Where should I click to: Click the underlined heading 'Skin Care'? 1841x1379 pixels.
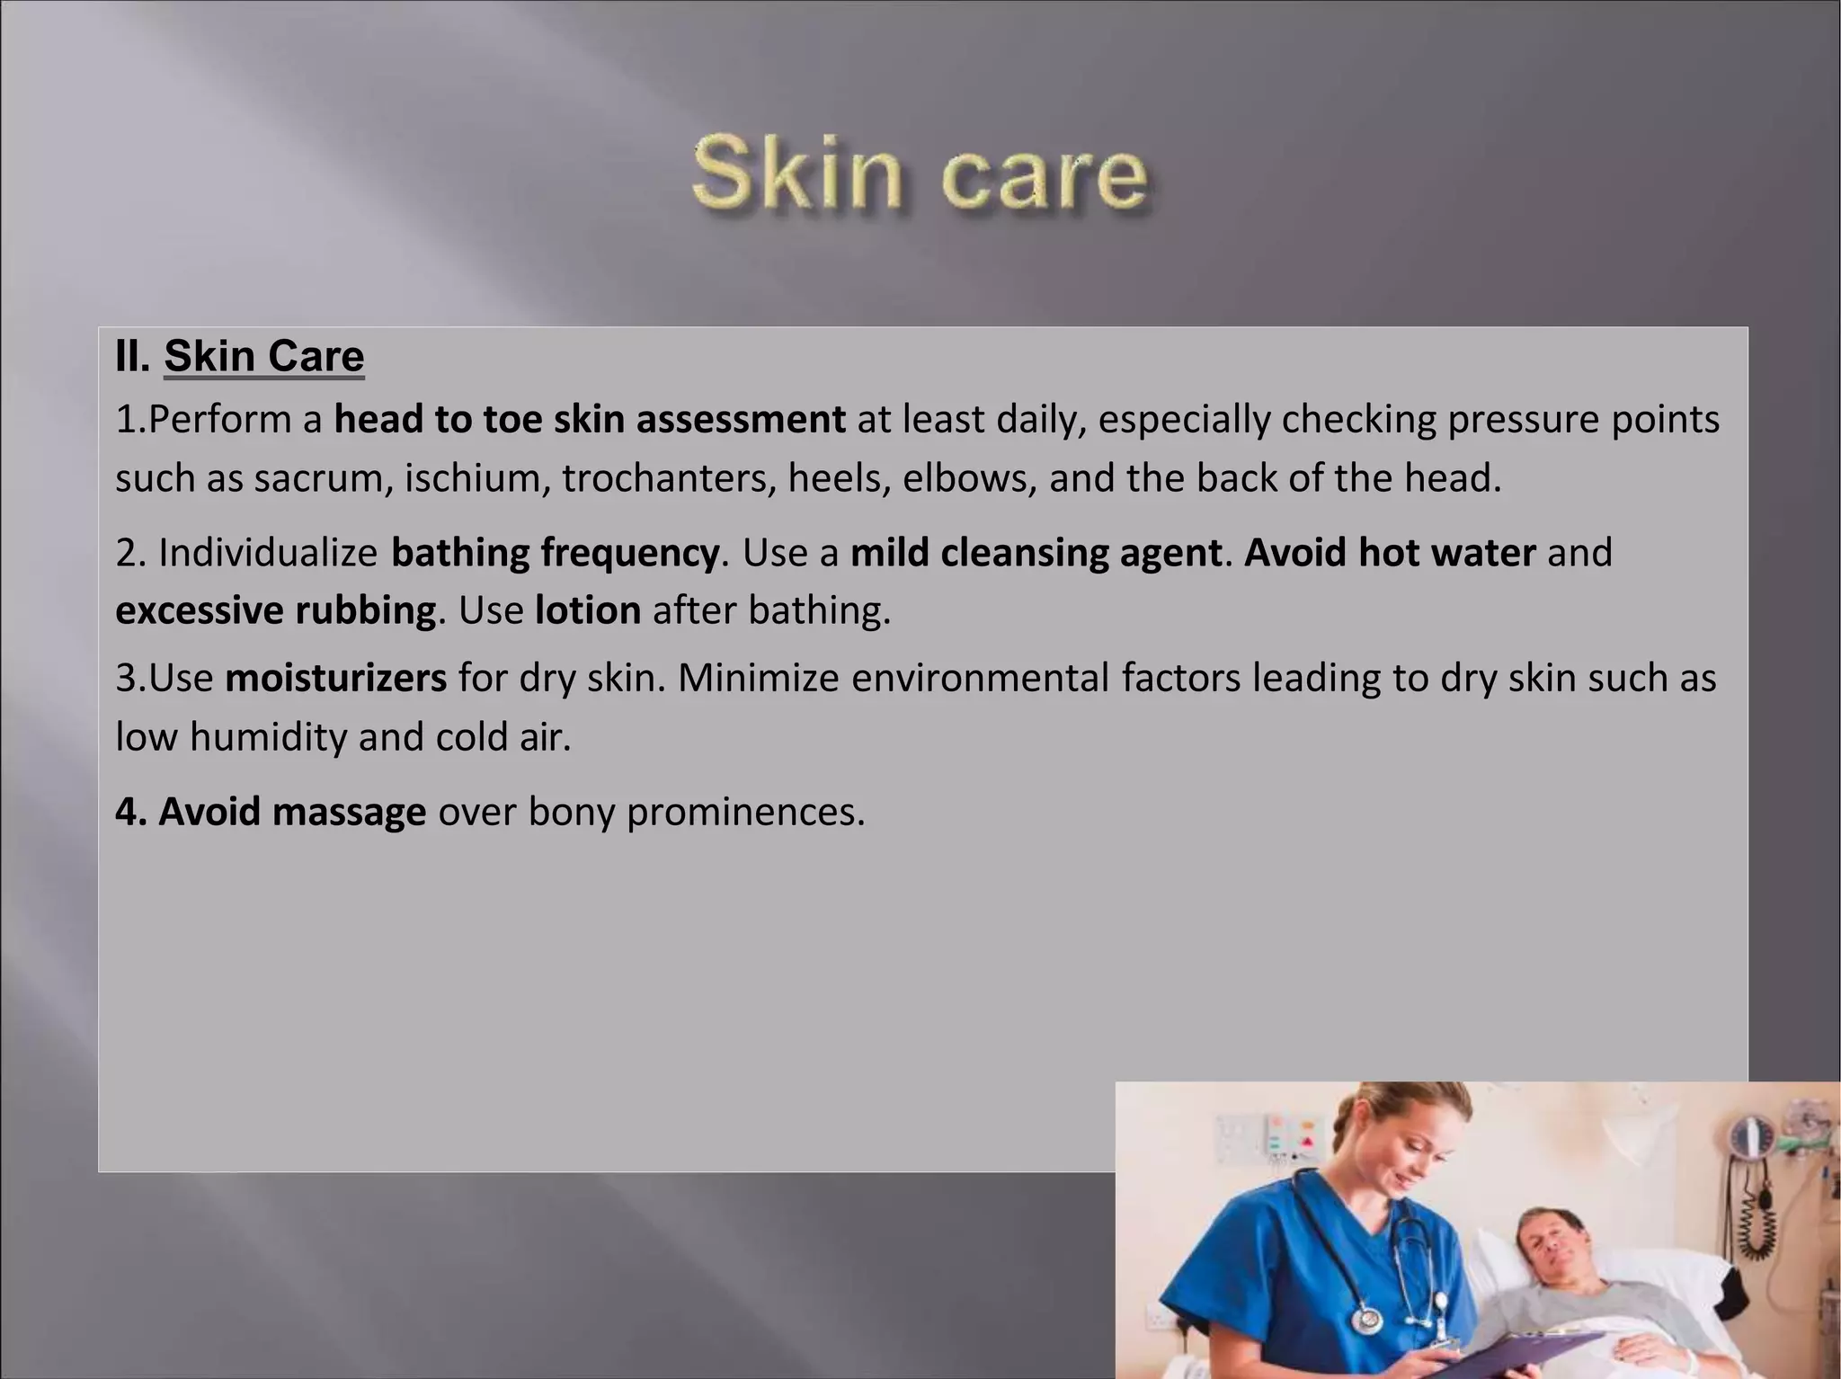pyautogui.click(x=263, y=356)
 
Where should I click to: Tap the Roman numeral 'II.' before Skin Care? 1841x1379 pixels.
pyautogui.click(x=133, y=356)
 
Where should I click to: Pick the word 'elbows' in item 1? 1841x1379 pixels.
pyautogui.click(x=969, y=478)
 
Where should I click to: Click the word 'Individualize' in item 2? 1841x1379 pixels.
pyautogui.click(x=268, y=553)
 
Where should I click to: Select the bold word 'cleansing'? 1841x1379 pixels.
pyautogui.click(x=1024, y=553)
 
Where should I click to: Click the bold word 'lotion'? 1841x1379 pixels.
pyautogui.click(x=588, y=610)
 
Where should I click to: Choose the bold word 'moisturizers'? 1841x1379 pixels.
pyautogui.click(x=335, y=678)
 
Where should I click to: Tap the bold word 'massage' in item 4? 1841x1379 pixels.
pyautogui.click(x=349, y=811)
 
